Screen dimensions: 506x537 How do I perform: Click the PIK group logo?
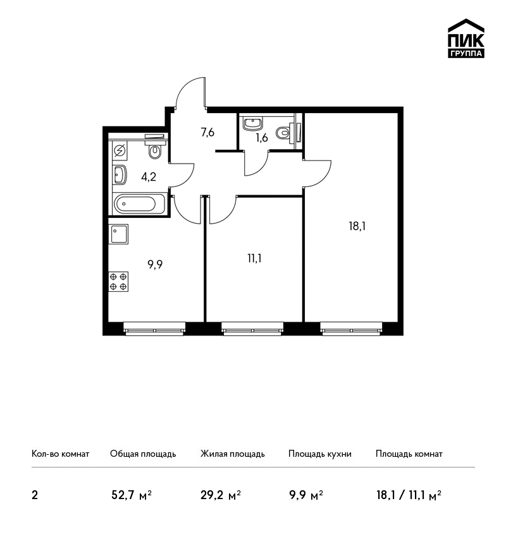point(466,39)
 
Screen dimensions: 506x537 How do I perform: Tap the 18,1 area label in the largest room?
point(357,226)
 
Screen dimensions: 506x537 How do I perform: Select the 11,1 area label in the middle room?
point(254,258)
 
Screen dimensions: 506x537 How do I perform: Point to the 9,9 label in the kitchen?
point(155,264)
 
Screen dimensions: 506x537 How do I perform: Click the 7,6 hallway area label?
point(207,132)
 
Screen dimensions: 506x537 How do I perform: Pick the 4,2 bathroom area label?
point(149,177)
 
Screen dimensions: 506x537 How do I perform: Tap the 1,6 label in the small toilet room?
point(262,138)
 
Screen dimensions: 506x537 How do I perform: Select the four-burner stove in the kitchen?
point(118,282)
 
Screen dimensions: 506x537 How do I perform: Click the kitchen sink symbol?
point(119,234)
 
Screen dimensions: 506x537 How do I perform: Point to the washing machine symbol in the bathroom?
point(120,150)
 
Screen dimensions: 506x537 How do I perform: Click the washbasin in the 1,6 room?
point(253,124)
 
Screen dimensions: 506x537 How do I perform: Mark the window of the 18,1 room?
point(352,329)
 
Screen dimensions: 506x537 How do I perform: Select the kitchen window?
point(154,329)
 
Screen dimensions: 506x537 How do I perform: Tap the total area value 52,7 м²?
point(132,495)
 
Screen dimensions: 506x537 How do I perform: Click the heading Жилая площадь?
point(233,454)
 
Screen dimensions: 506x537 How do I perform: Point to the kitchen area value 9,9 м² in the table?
point(306,495)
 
